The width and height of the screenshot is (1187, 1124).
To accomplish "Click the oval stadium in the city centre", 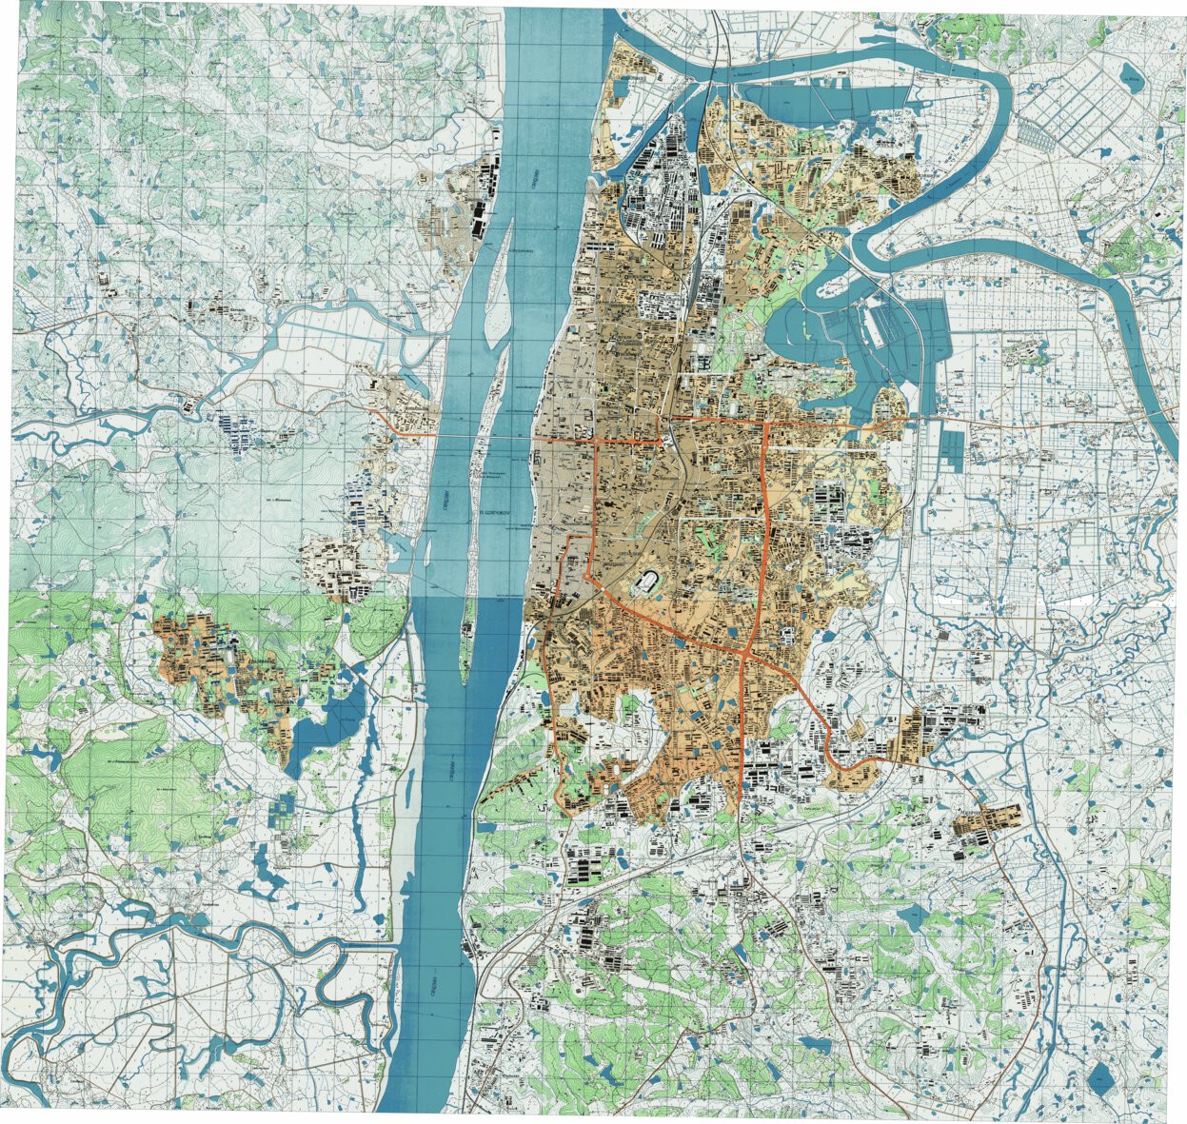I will [650, 581].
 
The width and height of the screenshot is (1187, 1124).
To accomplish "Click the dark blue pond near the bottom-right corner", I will [1101, 1078].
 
